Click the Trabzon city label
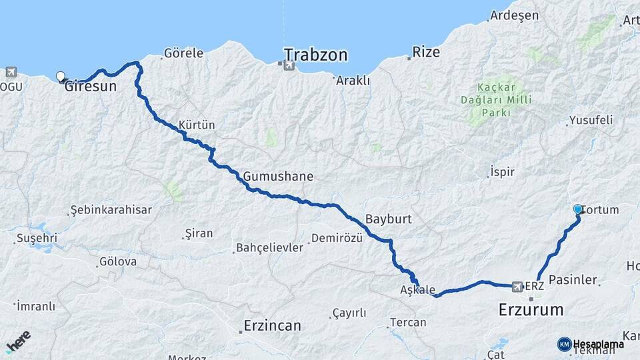pyautogui.click(x=316, y=55)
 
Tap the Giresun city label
pyautogui.click(x=91, y=86)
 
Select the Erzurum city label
pyautogui.click(x=531, y=309)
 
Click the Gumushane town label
pyautogui.click(x=278, y=177)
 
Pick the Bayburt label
pyautogui.click(x=389, y=219)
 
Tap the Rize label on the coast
pyautogui.click(x=427, y=52)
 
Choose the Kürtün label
pyautogui.click(x=197, y=125)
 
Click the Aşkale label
pyautogui.click(x=417, y=291)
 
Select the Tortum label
pyautogui.click(x=601, y=210)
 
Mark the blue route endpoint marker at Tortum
pyautogui.click(x=578, y=209)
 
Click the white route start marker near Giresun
pyautogui.click(x=61, y=77)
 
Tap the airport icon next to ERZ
pyautogui.click(x=517, y=286)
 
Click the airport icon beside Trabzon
pyautogui.click(x=288, y=65)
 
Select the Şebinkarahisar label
pyautogui.click(x=111, y=210)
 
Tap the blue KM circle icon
pyautogui.click(x=564, y=344)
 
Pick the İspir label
pyautogui.click(x=502, y=172)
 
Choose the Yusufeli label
pyautogui.click(x=587, y=121)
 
